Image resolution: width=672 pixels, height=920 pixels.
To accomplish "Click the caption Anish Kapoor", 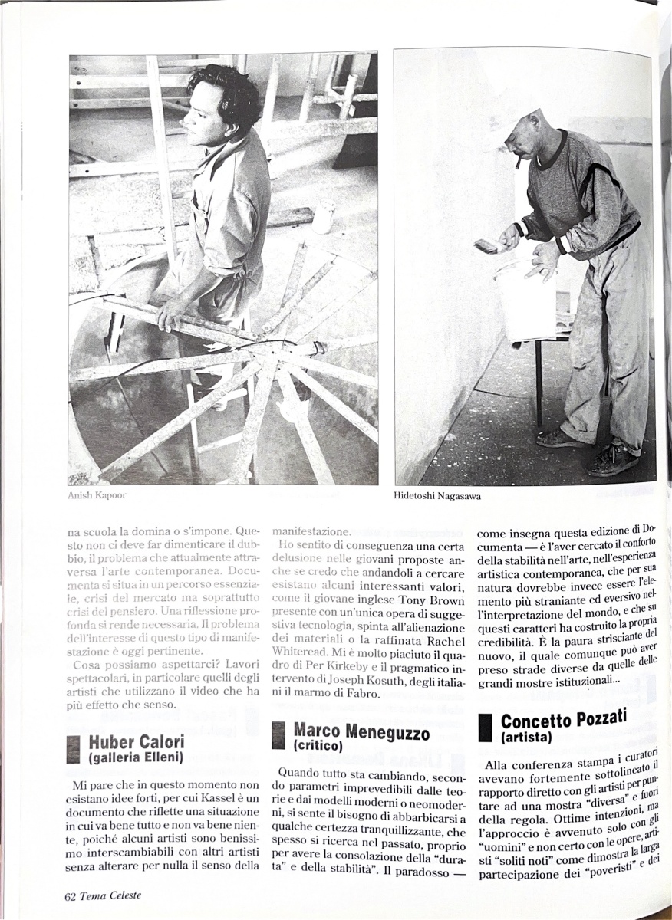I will (x=97, y=495).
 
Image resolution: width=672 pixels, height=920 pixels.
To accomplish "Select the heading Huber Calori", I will (x=136, y=742).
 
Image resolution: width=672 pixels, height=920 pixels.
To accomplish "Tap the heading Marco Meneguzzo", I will (x=361, y=731).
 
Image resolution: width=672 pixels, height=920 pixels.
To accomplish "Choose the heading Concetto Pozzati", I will (x=563, y=720).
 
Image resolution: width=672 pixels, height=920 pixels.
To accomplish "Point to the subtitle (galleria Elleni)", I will (x=135, y=757).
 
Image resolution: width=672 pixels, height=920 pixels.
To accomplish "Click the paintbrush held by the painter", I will (x=487, y=246).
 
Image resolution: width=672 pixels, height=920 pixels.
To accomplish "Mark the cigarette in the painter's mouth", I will (x=519, y=163).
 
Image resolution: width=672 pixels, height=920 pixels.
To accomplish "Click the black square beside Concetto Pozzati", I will (x=485, y=728).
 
